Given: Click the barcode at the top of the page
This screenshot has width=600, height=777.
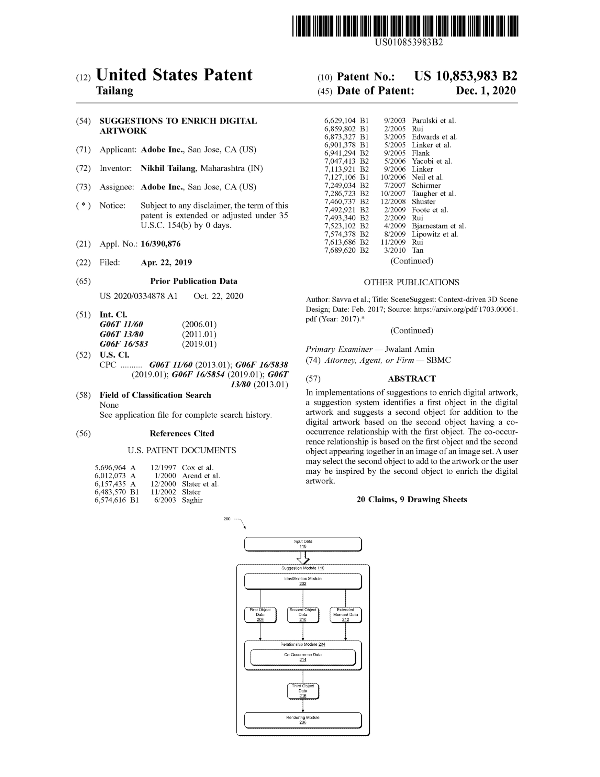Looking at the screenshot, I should click(x=405, y=26).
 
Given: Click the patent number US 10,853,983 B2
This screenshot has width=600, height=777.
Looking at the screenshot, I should click(x=465, y=76).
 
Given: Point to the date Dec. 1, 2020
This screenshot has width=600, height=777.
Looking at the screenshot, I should click(x=486, y=91).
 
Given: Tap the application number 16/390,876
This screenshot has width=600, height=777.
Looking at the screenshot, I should click(x=160, y=244).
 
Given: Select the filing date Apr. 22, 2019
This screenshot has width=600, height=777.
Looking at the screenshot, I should click(x=166, y=263).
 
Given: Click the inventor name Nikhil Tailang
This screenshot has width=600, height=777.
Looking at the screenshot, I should click(x=168, y=168).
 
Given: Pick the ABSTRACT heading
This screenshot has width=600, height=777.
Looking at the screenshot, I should click(x=411, y=379).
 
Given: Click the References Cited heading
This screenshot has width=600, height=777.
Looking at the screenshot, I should click(x=182, y=433).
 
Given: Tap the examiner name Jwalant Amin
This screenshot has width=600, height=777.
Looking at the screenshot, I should click(x=409, y=349).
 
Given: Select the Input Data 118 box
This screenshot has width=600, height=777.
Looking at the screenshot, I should click(x=303, y=544).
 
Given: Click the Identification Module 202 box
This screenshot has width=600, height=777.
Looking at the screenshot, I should click(x=303, y=581).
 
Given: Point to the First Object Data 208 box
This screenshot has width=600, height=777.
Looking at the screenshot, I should click(x=260, y=615).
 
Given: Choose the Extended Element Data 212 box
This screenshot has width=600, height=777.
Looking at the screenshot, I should click(x=345, y=615).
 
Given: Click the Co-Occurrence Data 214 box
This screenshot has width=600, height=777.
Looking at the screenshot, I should click(x=303, y=657).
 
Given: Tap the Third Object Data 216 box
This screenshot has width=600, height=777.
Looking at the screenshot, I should click(x=303, y=691).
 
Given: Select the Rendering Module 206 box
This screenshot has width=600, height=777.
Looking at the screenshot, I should click(x=303, y=720).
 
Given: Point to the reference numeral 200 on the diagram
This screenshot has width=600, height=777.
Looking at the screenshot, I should click(x=227, y=519).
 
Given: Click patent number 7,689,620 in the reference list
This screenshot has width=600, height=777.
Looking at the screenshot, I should click(x=340, y=250).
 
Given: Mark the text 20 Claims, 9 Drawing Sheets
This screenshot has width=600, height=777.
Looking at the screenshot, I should click(x=411, y=500).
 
